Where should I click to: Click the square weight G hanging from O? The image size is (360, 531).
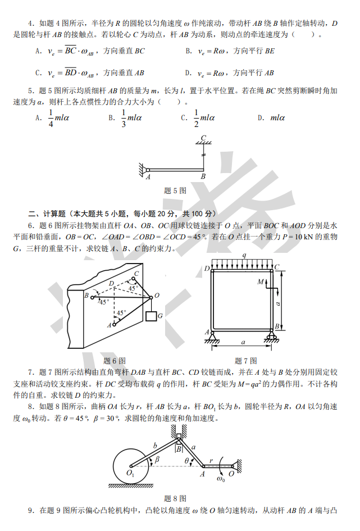(x=151, y=316)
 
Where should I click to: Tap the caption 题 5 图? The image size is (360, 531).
(x=175, y=190)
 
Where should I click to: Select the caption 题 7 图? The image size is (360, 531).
(x=245, y=361)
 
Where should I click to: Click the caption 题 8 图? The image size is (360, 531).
(x=175, y=498)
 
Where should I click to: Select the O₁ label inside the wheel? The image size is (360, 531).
(x=131, y=473)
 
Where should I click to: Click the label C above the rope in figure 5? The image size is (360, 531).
(x=203, y=138)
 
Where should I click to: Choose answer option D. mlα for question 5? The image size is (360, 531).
(x=271, y=118)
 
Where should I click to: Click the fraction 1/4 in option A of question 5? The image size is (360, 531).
(x=51, y=118)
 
